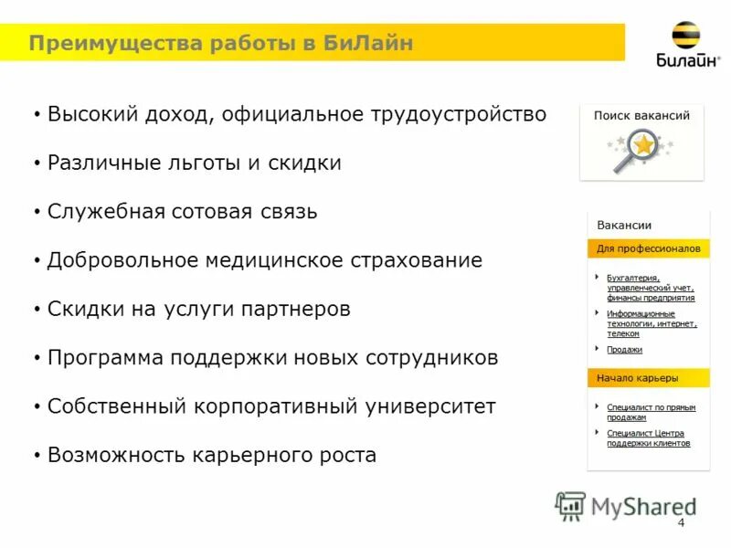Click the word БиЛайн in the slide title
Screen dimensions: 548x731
(368, 44)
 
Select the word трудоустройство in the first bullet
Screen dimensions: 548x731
(458, 114)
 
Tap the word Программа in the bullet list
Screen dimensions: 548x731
(105, 358)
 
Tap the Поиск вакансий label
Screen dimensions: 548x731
(641, 116)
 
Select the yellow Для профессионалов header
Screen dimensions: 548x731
(648, 248)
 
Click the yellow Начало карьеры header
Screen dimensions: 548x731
(638, 378)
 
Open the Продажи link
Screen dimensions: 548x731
(624, 350)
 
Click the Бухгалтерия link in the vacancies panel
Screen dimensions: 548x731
(633, 278)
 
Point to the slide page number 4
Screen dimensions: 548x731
(681, 522)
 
